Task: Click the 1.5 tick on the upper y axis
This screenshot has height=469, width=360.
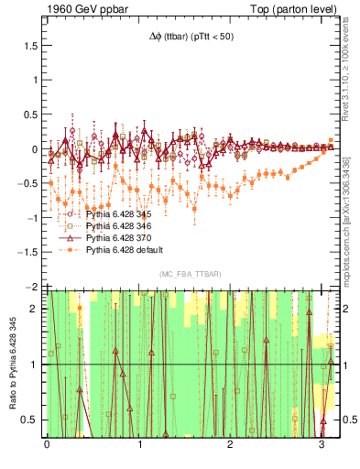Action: [x=32, y=46]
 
